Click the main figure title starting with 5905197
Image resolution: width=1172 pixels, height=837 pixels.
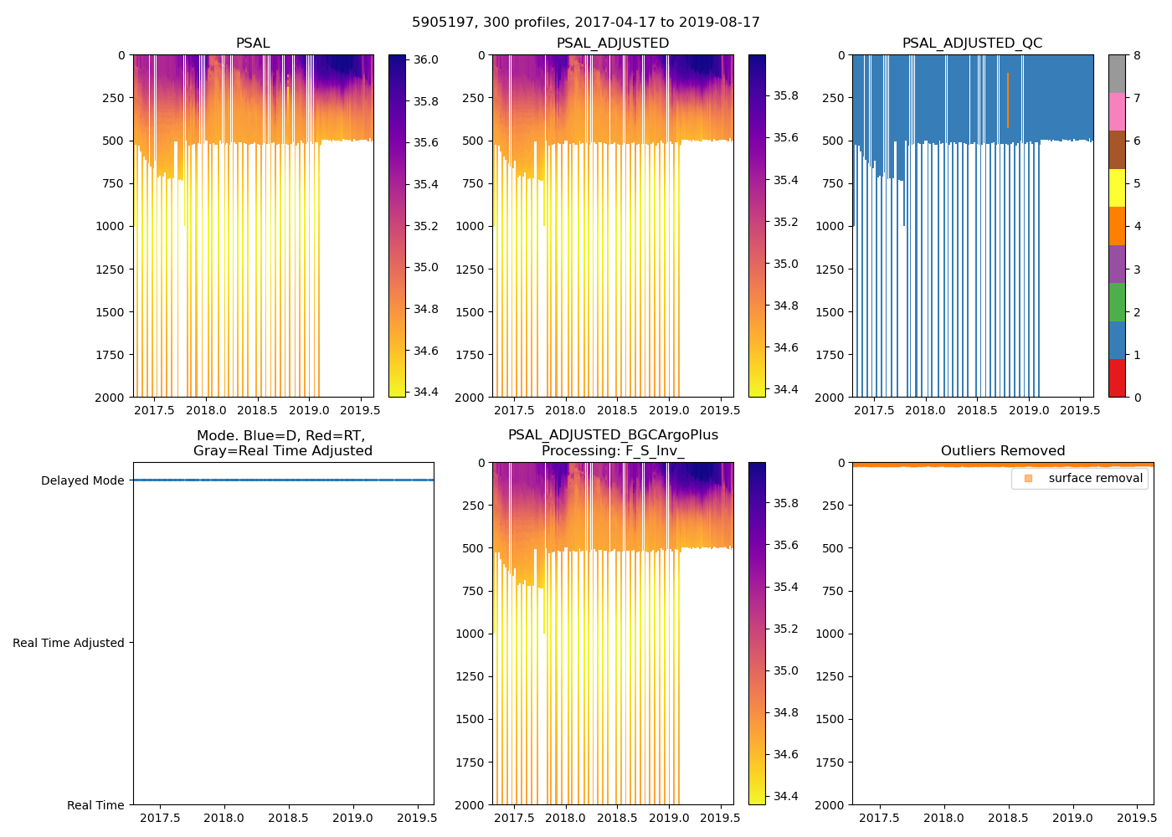[x=586, y=23]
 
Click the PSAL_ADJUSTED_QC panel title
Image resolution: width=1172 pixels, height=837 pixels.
[x=972, y=44]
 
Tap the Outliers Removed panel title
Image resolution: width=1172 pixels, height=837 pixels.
[x=1002, y=451]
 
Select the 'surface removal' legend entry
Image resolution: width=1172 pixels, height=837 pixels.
[x=1095, y=479]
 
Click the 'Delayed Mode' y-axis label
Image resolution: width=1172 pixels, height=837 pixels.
[x=82, y=480]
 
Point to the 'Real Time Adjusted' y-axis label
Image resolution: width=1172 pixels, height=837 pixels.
[x=69, y=643]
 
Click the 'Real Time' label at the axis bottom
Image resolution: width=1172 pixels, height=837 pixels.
[x=95, y=805]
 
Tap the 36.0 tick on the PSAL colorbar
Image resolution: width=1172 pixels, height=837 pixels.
[x=425, y=60]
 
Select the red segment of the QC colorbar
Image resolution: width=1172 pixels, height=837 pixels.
[x=1117, y=378]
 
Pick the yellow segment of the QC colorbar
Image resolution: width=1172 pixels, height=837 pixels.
[x=1117, y=188]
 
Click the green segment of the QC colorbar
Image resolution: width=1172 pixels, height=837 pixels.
[x=1117, y=302]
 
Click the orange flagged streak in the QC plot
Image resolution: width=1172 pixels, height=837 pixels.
[x=1008, y=100]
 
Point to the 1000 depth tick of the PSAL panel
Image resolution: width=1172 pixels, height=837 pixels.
[x=109, y=226]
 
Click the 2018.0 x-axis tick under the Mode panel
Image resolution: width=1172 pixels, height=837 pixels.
[x=224, y=818]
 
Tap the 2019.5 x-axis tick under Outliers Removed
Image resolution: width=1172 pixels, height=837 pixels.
[x=1137, y=818]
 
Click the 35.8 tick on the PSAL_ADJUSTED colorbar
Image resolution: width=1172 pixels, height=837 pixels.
[x=785, y=96]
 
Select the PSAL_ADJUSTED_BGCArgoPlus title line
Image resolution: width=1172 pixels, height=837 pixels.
[x=613, y=435]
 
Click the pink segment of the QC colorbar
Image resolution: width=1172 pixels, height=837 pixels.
[x=1117, y=112]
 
